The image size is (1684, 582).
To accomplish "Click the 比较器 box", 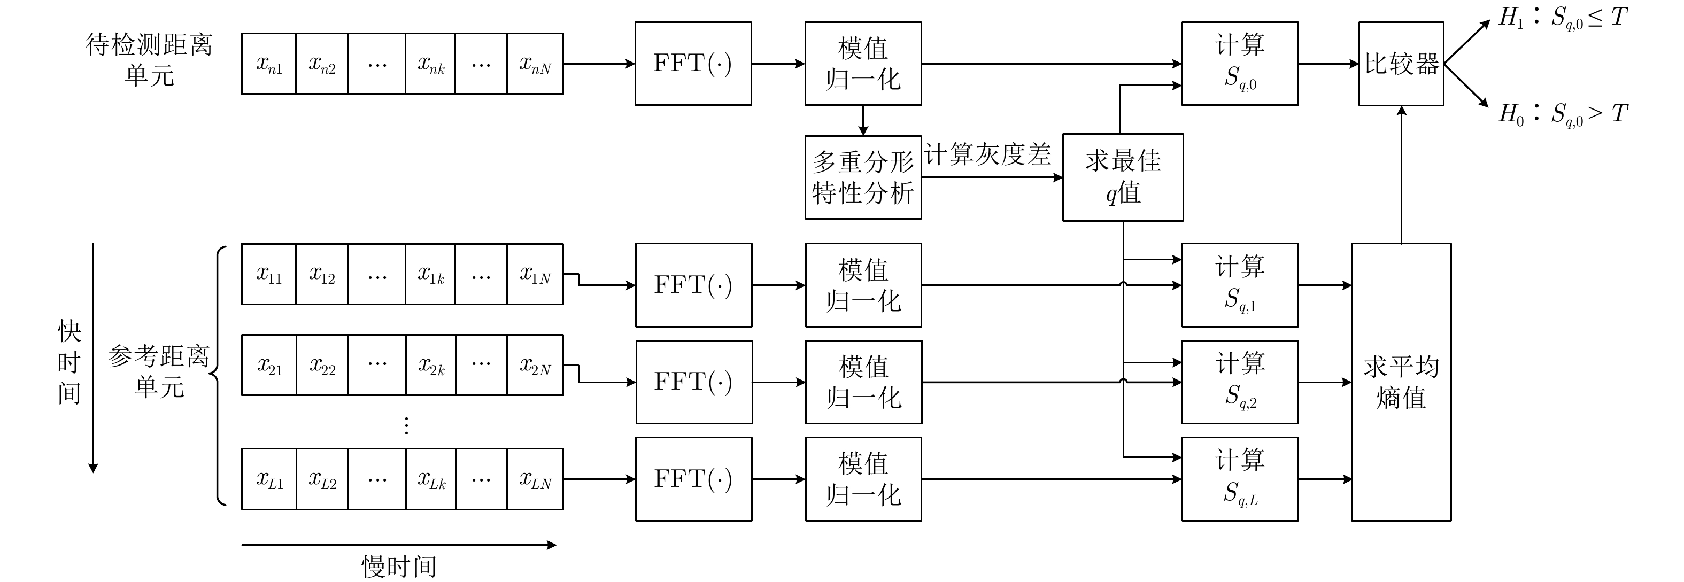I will click(x=1401, y=64).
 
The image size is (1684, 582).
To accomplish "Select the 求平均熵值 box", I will click(x=1401, y=382).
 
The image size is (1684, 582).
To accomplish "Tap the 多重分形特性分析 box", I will click(x=863, y=177).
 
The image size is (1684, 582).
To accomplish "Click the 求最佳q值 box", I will click(x=1123, y=177).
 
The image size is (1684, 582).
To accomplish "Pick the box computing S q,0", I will click(x=1239, y=64).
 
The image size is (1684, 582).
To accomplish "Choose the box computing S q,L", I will click(x=1239, y=479).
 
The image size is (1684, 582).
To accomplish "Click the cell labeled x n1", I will click(x=269, y=64).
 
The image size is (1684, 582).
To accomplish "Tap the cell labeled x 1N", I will click(x=535, y=274).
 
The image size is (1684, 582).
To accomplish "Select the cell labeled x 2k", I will click(x=431, y=365).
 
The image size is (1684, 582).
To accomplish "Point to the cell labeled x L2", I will click(x=322, y=479).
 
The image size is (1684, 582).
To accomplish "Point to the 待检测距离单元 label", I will click(x=149, y=60).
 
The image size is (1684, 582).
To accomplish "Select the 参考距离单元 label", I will click(x=159, y=371).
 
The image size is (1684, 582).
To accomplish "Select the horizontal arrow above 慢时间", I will click(x=399, y=545).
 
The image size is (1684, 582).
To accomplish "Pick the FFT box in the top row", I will click(x=693, y=64).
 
